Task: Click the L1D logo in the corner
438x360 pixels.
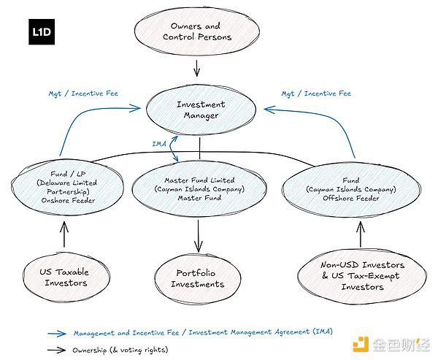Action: coord(45,32)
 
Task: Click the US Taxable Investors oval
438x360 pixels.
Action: coord(64,277)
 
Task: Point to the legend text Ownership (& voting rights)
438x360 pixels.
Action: coord(120,350)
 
